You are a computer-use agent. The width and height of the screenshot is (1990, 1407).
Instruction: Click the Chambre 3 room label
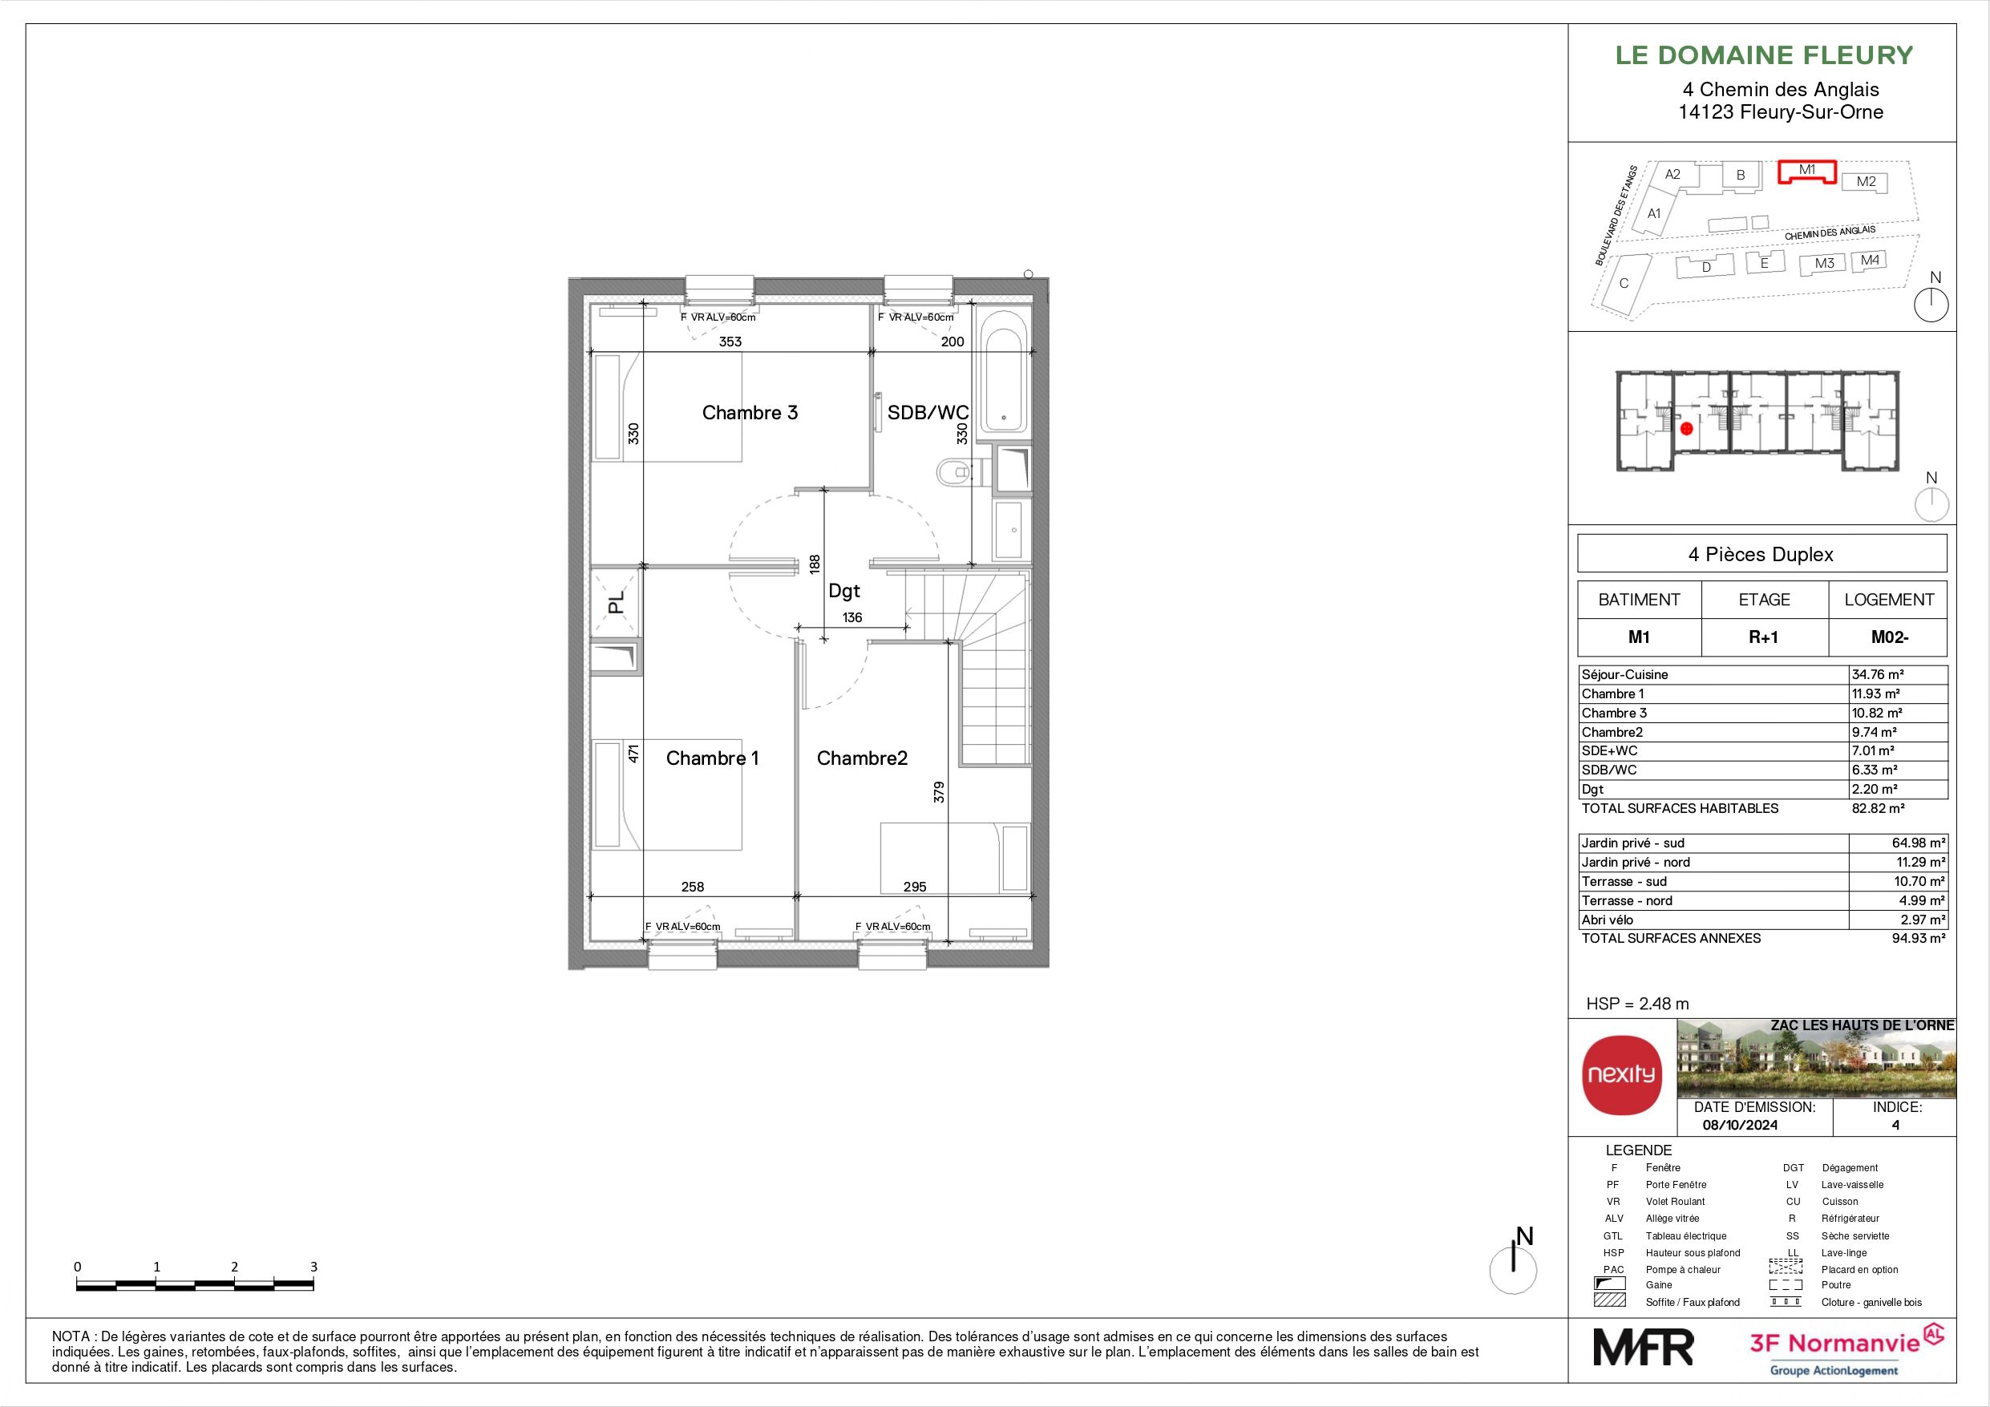click(749, 413)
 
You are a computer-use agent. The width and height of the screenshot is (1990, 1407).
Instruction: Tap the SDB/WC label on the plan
click(928, 413)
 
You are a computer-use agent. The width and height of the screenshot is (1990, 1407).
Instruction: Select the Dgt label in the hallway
click(843, 590)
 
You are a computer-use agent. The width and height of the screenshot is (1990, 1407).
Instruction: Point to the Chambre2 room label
click(862, 758)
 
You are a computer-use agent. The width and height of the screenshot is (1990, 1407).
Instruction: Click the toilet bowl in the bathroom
click(953, 472)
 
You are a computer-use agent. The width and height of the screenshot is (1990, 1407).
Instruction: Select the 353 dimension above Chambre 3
click(730, 342)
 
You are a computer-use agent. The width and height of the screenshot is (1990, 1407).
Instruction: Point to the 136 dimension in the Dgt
click(852, 618)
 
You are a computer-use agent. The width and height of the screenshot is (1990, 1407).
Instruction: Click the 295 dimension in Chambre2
click(914, 887)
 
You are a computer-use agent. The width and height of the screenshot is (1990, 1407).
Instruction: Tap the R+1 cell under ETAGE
click(1764, 637)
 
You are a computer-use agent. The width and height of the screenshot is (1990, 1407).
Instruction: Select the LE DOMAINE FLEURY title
click(1764, 55)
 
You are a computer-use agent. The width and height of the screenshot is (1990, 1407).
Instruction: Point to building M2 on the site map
click(1866, 182)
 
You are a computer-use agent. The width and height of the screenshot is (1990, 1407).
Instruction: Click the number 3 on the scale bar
click(313, 1267)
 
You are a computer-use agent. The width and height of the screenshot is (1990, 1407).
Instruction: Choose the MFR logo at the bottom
click(1644, 1347)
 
